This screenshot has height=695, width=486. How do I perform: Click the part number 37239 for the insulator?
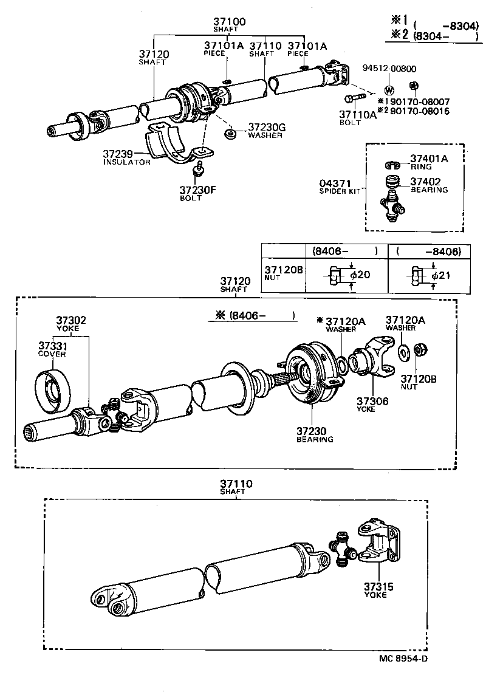(118, 155)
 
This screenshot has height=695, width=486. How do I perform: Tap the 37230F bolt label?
(197, 190)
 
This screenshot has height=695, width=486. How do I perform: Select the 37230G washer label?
(266, 128)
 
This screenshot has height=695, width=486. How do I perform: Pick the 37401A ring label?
(428, 159)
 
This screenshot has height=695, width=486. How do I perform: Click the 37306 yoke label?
(372, 402)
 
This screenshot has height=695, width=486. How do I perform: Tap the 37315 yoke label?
(379, 587)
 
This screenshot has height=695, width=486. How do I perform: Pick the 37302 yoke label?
(71, 320)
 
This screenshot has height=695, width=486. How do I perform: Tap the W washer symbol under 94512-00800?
(389, 91)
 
